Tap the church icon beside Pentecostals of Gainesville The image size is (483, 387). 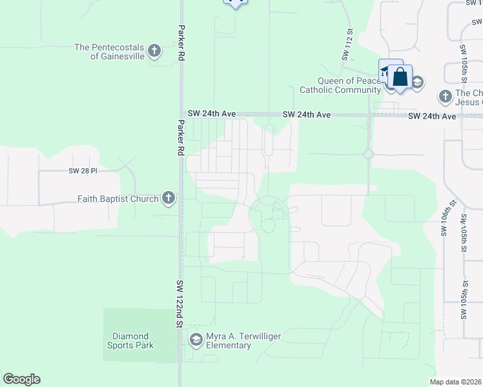tap(154, 50)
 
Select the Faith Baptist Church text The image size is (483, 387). tap(118, 199)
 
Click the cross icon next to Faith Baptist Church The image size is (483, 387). tap(168, 198)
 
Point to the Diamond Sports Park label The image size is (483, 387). tap(130, 341)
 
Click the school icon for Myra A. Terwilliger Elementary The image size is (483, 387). tap(196, 339)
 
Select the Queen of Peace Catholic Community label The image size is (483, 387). tap(340, 85)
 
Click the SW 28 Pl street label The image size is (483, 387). tap(82, 171)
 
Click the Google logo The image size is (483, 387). tap(21, 379)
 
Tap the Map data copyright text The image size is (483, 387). tap(456, 382)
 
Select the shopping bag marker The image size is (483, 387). tap(400, 77)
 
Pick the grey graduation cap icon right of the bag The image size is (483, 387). tap(417, 82)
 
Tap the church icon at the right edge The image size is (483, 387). tap(444, 97)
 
